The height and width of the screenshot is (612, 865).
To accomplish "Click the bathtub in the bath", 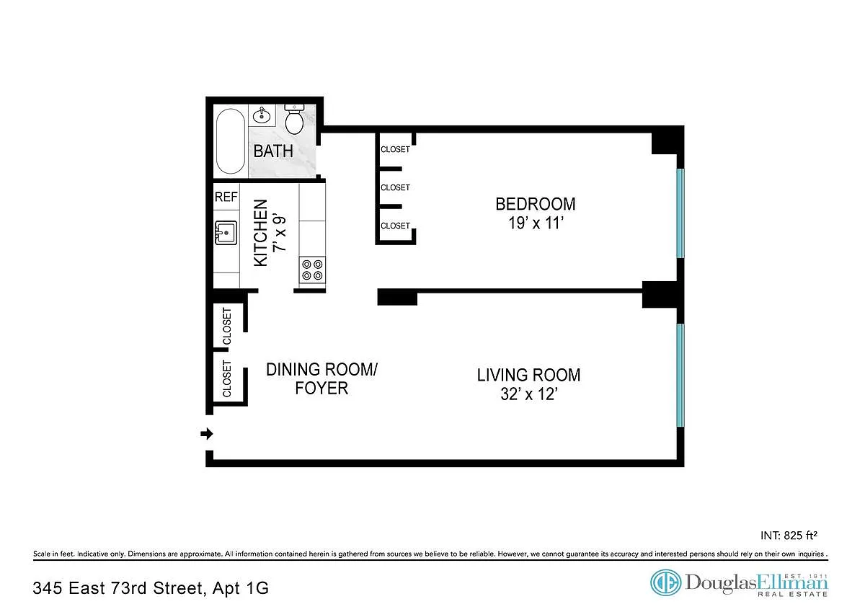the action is point(231,141).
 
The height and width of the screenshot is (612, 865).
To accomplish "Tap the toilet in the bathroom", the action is point(295,119).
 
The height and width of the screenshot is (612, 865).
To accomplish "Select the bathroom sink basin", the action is point(262,115).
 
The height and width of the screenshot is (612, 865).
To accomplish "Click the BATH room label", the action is point(273,151).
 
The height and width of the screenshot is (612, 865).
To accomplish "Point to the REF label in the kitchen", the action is point(226,197).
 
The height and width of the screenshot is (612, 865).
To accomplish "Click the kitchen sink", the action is point(226,233).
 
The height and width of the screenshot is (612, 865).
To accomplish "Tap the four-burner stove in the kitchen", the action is point(312,270).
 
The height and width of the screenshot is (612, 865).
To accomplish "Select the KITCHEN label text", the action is point(261,233).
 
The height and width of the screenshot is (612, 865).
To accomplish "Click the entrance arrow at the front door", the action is point(207,434).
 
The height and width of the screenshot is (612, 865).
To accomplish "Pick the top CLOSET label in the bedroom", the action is point(396,149).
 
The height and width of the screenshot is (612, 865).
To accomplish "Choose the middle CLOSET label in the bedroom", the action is point(396,187).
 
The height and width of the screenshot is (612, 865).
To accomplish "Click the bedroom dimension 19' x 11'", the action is point(536,223).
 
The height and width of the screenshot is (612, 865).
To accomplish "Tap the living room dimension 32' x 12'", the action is point(529,394).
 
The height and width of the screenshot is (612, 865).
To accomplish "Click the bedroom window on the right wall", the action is point(680,213).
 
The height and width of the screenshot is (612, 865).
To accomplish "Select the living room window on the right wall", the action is point(680,376).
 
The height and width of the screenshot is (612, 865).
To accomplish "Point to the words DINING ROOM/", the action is point(321,370).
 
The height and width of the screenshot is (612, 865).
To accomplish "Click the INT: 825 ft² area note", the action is point(789,535).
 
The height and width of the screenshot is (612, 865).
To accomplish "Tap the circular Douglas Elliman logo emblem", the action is point(666,582).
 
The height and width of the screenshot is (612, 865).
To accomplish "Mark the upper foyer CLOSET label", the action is point(227,327).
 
